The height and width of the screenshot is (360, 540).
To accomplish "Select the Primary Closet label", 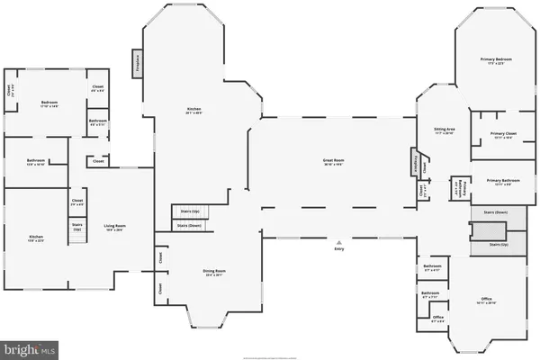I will point(503,136).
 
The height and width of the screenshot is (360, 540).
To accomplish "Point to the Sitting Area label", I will point(445,131).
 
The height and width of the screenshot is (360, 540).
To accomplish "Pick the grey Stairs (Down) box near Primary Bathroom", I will point(496,213).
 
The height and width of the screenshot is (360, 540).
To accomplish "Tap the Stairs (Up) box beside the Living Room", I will point(77,229).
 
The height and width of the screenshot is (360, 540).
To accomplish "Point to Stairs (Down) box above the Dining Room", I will point(189,226).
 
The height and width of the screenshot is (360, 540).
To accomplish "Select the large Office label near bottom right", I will point(486,300).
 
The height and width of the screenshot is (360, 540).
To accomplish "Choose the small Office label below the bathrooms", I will point(438,318).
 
